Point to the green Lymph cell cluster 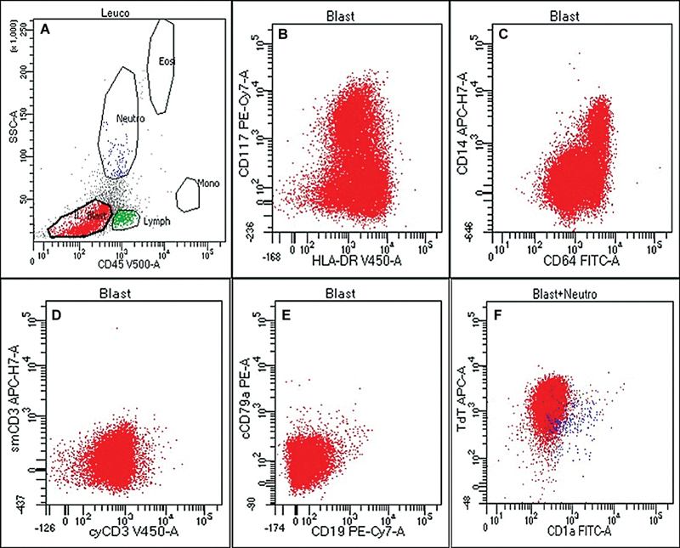click(125, 218)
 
